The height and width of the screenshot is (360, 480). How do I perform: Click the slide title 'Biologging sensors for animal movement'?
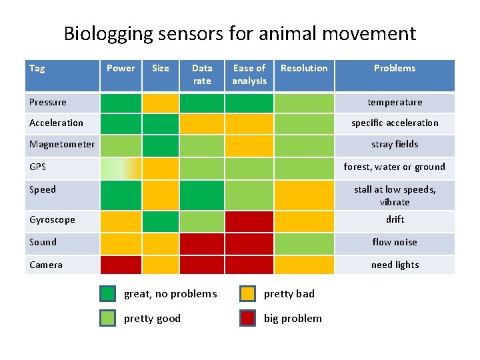pyautogui.click(x=239, y=33)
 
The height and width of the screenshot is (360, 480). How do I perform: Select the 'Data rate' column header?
pyautogui.click(x=202, y=75)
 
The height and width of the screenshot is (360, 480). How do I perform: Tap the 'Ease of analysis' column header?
pyautogui.click(x=249, y=75)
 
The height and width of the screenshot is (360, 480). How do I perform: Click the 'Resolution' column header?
pyautogui.click(x=304, y=68)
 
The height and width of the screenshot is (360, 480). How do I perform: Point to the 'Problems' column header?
pyautogui.click(x=394, y=68)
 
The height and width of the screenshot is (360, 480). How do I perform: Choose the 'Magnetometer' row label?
pyautogui.click(x=62, y=144)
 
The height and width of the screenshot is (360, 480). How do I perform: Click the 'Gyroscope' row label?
pyautogui.click(x=52, y=219)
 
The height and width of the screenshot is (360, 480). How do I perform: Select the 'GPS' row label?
pyautogui.click(x=38, y=167)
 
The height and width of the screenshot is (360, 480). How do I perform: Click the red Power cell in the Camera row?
pyautogui.click(x=121, y=265)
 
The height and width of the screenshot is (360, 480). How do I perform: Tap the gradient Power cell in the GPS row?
pyautogui.click(x=121, y=168)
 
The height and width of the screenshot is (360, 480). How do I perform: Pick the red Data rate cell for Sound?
pyautogui.click(x=202, y=243)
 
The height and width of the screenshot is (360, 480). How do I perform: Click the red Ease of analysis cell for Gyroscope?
pyautogui.click(x=249, y=221)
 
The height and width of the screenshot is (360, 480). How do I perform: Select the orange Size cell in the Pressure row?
pyautogui.click(x=161, y=103)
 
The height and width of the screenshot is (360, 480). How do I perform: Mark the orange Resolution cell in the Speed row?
pyautogui.click(x=304, y=195)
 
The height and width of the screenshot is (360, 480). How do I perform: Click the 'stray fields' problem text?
pyautogui.click(x=395, y=144)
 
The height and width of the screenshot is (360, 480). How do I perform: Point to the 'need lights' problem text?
pyautogui.click(x=395, y=265)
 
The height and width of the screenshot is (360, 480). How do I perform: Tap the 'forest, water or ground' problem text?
pyautogui.click(x=394, y=167)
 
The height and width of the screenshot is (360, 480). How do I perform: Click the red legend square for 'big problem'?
pyautogui.click(x=248, y=318)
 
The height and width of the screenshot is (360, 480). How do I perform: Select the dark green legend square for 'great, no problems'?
pyautogui.click(x=108, y=293)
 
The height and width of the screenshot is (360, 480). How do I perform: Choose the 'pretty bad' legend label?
pyautogui.click(x=289, y=293)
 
